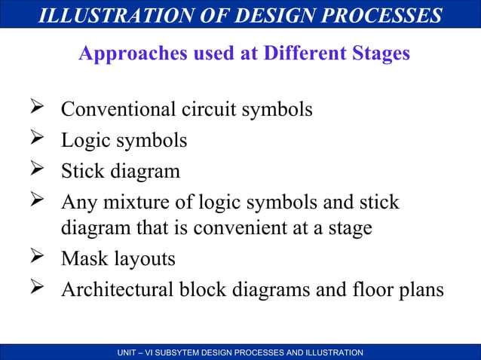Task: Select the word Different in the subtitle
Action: pyautogui.click(x=299, y=55)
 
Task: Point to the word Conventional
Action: pyautogui.click(x=118, y=110)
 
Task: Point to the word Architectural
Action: pyautogui.click(x=114, y=290)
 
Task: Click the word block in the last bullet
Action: pyautogui.click(x=196, y=290)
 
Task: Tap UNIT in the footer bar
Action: pyautogui.click(x=130, y=352)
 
